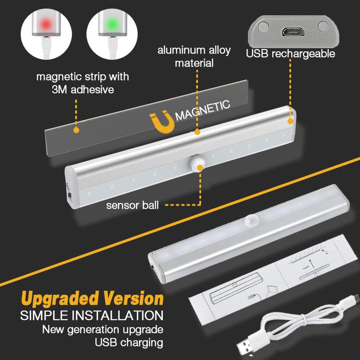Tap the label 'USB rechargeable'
click(290, 53)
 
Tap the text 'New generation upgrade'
click(102, 329)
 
